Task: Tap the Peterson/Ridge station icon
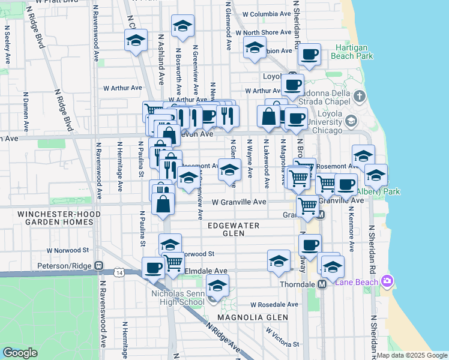98,265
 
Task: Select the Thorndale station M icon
322,284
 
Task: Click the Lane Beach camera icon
387,281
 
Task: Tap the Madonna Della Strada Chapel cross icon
359,96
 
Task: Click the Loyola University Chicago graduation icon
350,122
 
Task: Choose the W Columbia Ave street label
267,14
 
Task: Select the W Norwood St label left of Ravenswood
68,250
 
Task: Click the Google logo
20,353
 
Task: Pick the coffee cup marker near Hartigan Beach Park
309,54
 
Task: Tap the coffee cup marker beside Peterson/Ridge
153,268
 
